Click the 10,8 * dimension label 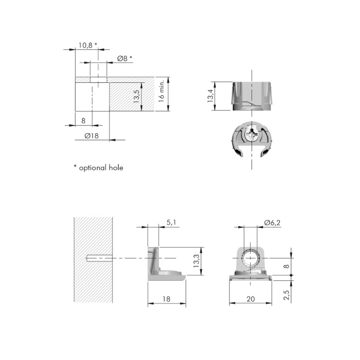coord(88,45)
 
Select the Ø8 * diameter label coord(125,58)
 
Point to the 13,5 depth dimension coord(136,96)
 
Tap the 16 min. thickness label coord(161,91)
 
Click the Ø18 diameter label coord(92,136)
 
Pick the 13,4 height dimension coord(210,95)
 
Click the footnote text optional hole coord(101,168)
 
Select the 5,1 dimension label coord(172,222)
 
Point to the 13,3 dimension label coord(196,261)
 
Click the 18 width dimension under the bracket coord(166,299)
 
